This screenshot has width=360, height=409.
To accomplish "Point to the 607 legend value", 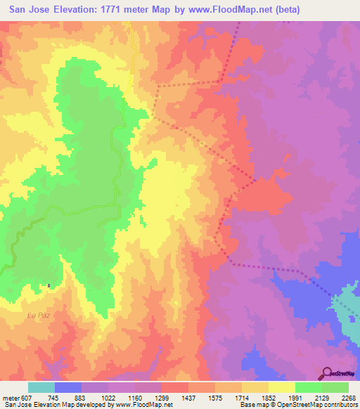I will [25, 398].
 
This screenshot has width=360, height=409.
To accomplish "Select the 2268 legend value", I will [347, 398].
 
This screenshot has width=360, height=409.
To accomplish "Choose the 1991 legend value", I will [295, 398].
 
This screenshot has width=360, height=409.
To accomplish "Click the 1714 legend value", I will [242, 398].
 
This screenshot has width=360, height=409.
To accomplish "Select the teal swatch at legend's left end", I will [41, 387].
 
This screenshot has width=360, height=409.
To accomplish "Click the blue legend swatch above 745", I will [68, 387].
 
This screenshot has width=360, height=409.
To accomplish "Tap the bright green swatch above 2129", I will [308, 387].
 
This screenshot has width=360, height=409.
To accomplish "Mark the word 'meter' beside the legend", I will [11, 398].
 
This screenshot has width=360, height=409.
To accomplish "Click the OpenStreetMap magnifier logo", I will [326, 373].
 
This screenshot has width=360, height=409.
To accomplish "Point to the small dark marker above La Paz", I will [49, 285].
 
